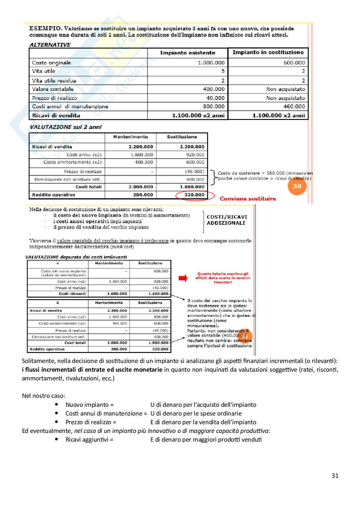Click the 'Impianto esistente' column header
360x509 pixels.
pyautogui.click(x=187, y=53)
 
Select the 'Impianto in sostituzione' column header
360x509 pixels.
pyautogui.click(x=268, y=52)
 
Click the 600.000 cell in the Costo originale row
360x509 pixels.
pyautogui.click(x=294, y=63)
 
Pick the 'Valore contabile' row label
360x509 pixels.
pyautogui.click(x=53, y=89)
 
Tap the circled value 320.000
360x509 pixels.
pyautogui.click(x=195, y=195)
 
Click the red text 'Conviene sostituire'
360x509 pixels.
pyautogui.click(x=248, y=199)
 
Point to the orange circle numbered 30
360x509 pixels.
pyautogui.click(x=297, y=186)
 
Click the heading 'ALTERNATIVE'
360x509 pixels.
pyautogui.click(x=50, y=45)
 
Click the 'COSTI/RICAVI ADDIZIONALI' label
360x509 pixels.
pyautogui.click(x=227, y=220)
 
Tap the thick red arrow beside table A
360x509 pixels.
pyautogui.click(x=183, y=278)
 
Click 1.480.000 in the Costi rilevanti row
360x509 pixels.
pyautogui.click(x=158, y=294)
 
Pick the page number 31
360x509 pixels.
pyautogui.click(x=335, y=475)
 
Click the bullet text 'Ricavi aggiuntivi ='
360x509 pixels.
pyautogui.click(x=89, y=439)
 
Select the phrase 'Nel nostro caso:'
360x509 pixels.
pyautogui.click(x=44, y=396)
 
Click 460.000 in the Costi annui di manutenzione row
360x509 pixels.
pyautogui.click(x=294, y=106)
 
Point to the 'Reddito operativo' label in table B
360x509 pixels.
pyautogui.click(x=47, y=349)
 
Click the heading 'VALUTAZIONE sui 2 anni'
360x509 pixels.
pyautogui.click(x=66, y=127)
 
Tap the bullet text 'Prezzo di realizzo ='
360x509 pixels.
pyautogui.click(x=91, y=422)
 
